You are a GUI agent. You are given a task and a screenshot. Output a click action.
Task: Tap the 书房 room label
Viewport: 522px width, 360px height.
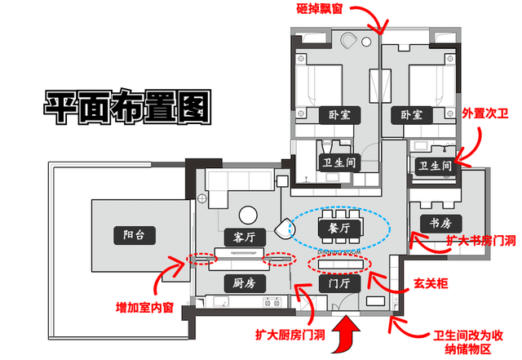click(441, 223)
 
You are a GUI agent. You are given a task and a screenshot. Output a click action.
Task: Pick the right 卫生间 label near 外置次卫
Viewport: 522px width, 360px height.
click(434, 166)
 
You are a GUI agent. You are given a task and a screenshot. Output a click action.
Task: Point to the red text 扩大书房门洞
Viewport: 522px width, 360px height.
click(480, 242)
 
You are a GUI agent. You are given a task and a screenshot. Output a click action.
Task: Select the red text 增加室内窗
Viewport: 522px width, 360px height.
click(149, 309)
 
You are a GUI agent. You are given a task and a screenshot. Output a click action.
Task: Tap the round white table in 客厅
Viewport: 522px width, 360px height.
click(248, 214)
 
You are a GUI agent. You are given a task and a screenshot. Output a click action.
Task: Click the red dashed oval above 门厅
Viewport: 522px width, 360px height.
click(338, 264)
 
